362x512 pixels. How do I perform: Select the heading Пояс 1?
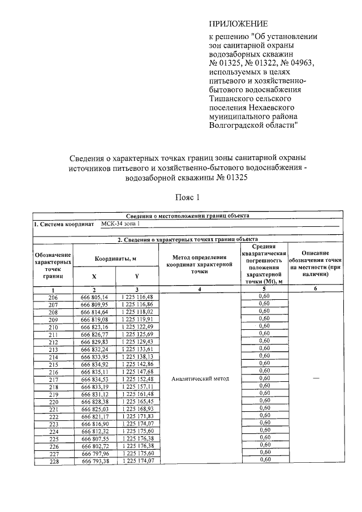tap(187, 197)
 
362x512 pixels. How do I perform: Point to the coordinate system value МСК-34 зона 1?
tap(119, 224)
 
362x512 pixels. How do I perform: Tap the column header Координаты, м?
tap(116, 259)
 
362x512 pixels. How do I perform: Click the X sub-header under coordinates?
tap(94, 277)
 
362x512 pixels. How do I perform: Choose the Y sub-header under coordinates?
tap(137, 277)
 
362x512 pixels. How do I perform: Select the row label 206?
tap(53, 297)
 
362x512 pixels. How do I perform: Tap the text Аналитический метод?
tap(200, 378)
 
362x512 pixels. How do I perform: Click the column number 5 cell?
tap(264, 289)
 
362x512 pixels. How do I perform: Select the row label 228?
tap(53, 461)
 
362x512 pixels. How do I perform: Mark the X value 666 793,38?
tap(94, 461)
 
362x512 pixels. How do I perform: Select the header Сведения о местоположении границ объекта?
tap(187, 216)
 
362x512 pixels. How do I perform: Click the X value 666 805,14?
tap(94, 297)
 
